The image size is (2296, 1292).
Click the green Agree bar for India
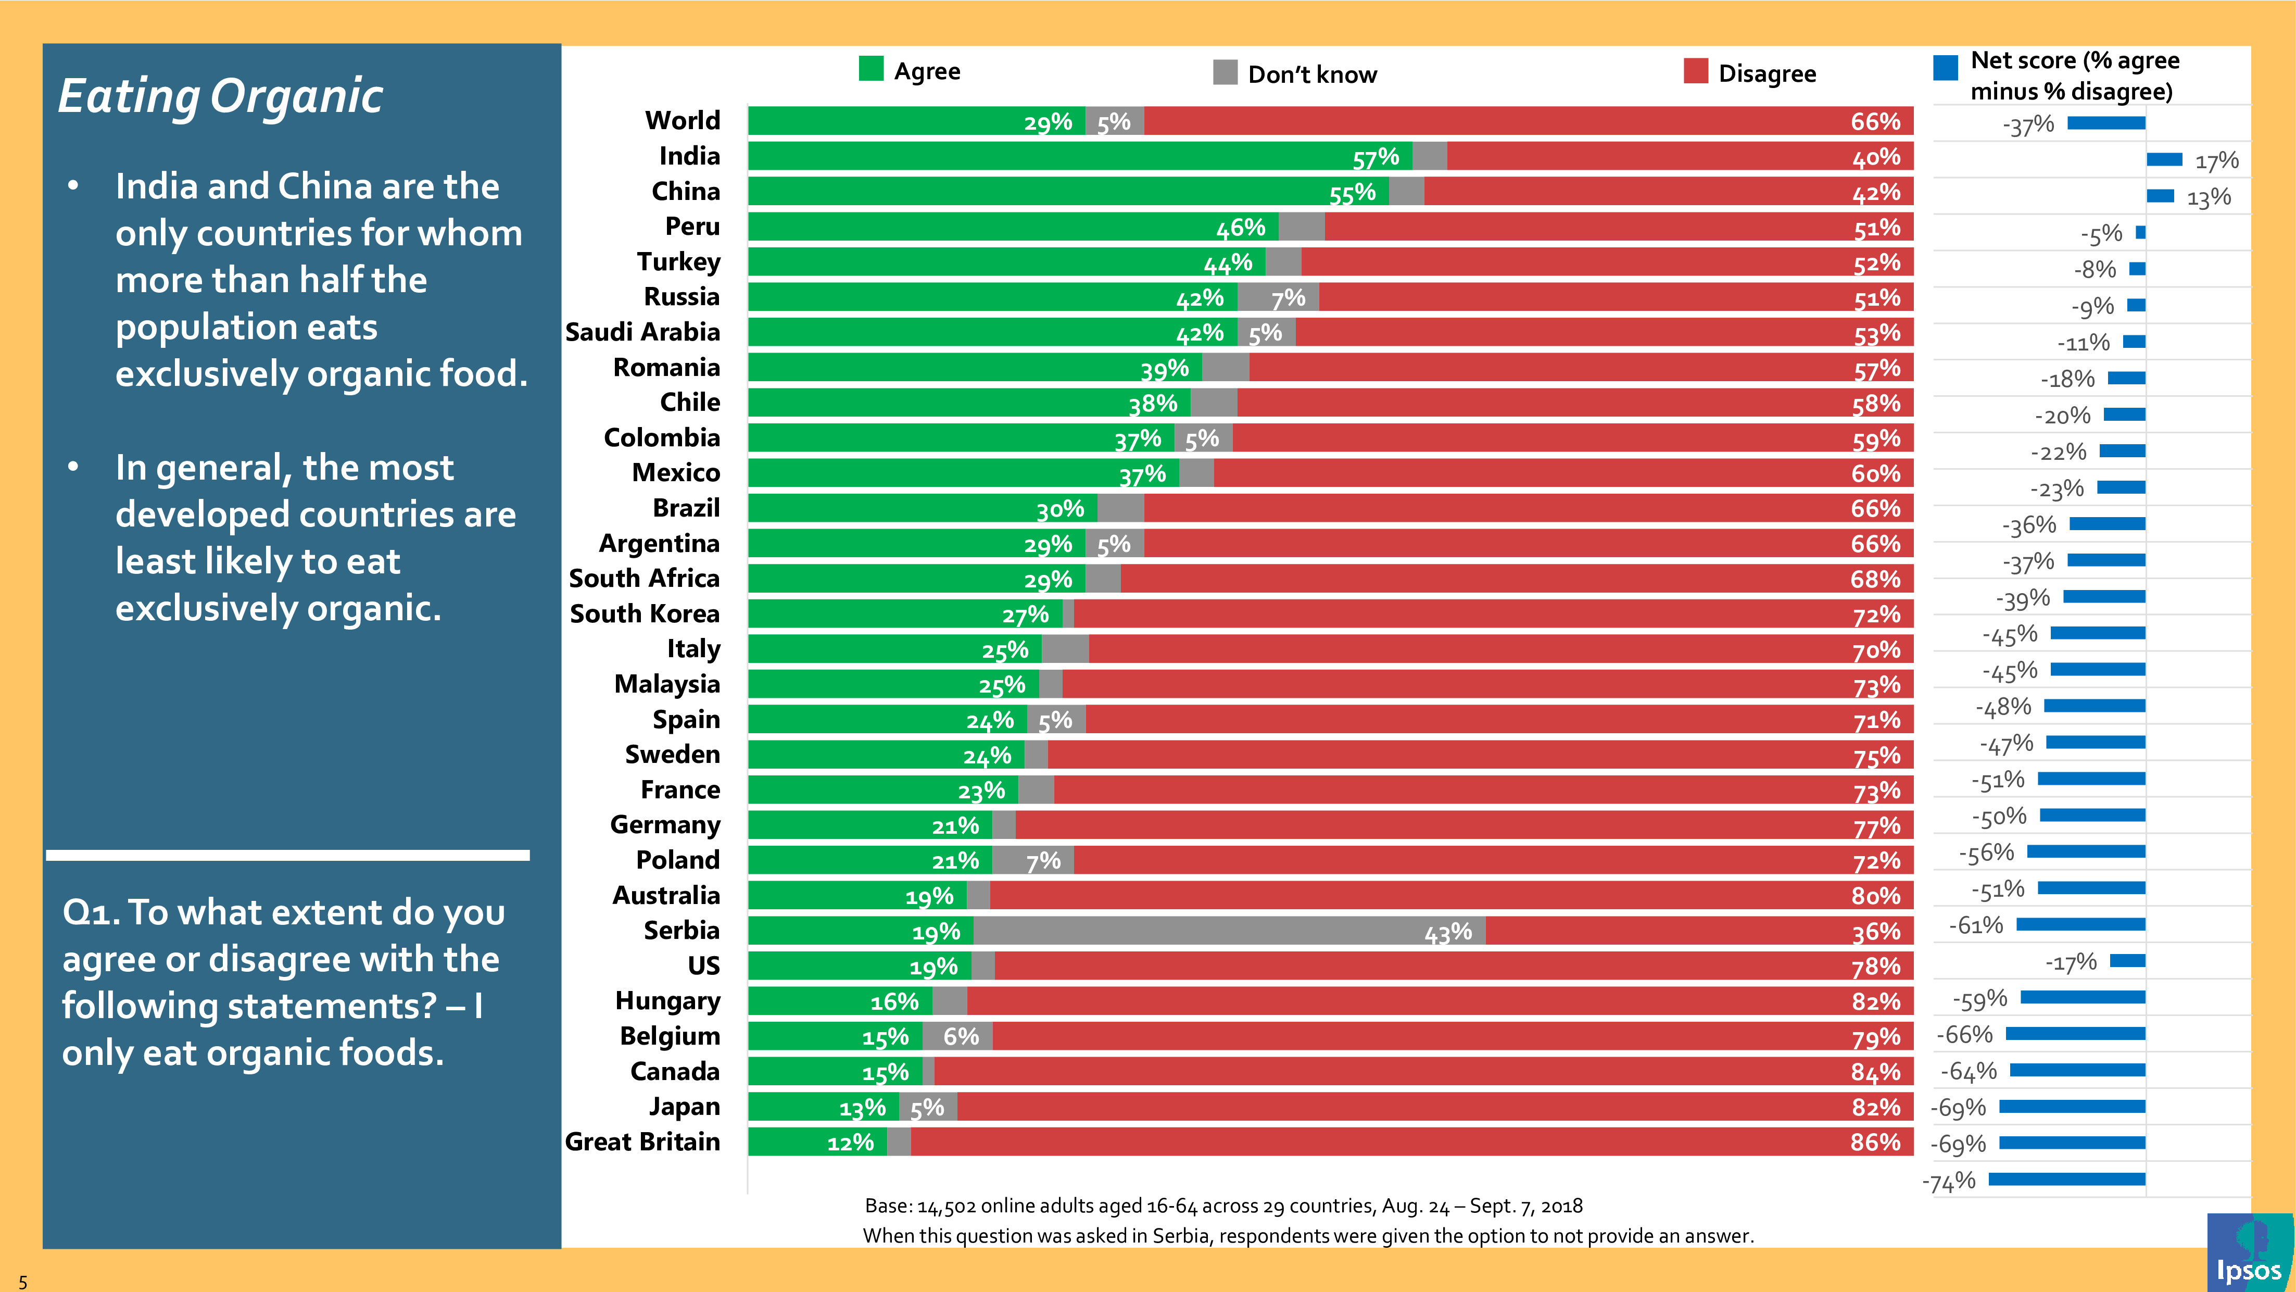click(x=1078, y=156)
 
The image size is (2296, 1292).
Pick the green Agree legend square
click(x=871, y=69)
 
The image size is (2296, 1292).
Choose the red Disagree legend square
click(x=1695, y=71)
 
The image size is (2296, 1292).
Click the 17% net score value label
click(x=2217, y=161)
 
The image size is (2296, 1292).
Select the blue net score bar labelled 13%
click(x=2160, y=196)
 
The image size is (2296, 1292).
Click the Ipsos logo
click(x=2248, y=1253)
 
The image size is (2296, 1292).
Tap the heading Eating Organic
click(x=220, y=96)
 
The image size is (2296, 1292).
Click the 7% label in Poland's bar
click(x=1043, y=861)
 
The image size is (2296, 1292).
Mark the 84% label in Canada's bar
click(x=1875, y=1072)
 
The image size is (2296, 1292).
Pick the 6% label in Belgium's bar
click(x=961, y=1036)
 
